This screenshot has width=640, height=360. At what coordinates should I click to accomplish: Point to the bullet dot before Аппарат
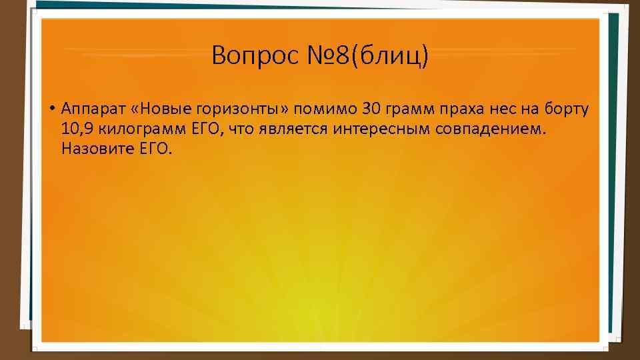coord(51,108)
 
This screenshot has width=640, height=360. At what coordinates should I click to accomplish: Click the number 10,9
coord(77,129)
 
